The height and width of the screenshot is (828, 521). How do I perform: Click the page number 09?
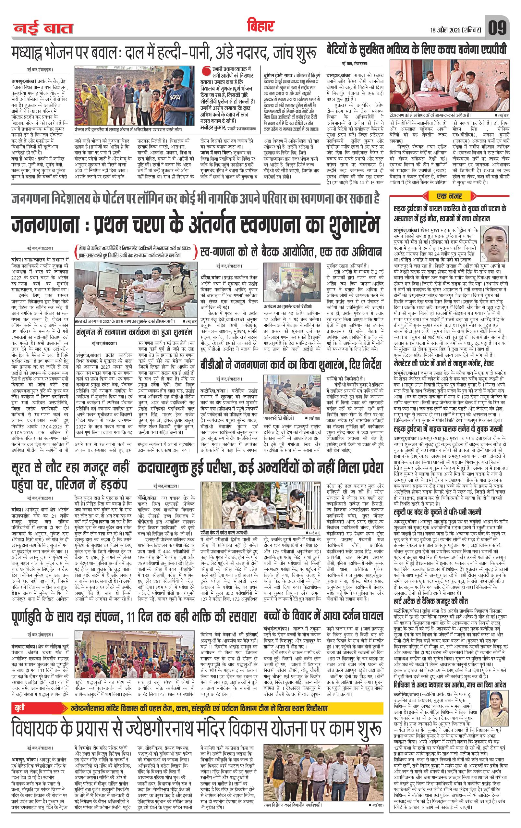coord(497,28)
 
